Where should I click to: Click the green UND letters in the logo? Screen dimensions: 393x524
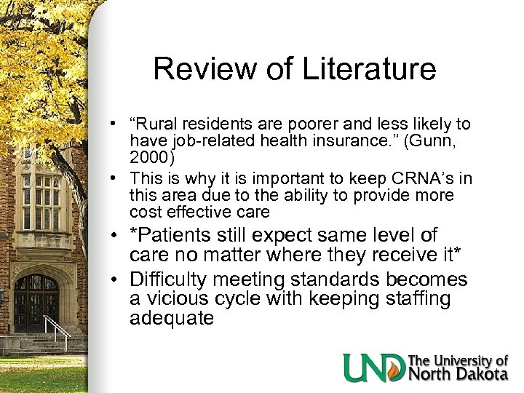tap(373, 367)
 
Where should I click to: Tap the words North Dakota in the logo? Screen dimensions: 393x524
tap(457, 374)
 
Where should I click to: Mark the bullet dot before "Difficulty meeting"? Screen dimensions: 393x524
tap(116, 280)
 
